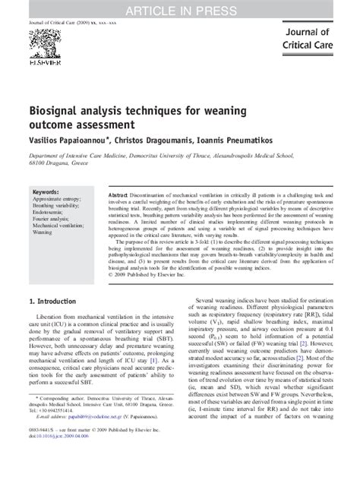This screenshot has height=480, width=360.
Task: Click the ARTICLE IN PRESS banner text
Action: (x=180, y=8)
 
